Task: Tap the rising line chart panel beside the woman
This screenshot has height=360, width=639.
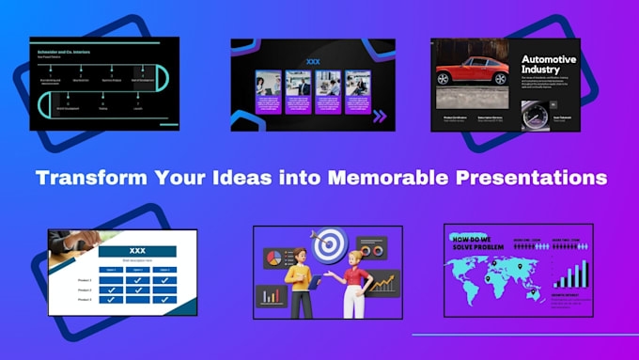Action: pos(384,282)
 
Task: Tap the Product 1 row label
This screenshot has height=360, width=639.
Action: pos(85,278)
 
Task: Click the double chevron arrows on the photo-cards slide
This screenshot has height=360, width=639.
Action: pos(380,117)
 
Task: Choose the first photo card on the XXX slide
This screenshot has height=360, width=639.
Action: pos(271,92)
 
